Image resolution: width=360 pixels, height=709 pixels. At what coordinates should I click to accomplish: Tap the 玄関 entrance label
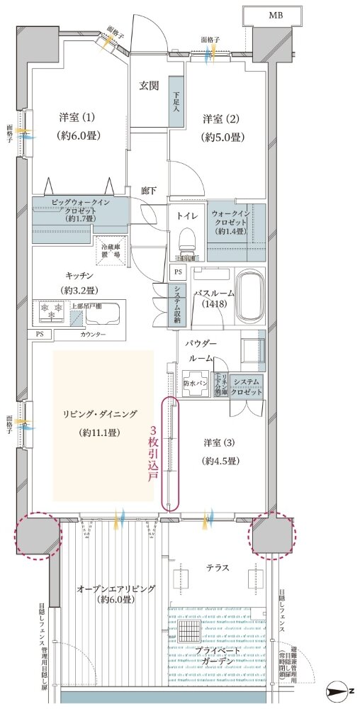(x=148, y=86)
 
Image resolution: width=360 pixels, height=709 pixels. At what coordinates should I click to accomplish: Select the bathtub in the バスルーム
(x=249, y=296)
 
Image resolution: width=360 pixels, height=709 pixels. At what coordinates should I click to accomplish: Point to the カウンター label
(x=92, y=333)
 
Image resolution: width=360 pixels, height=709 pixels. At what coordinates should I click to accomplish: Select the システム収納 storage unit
(x=174, y=306)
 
